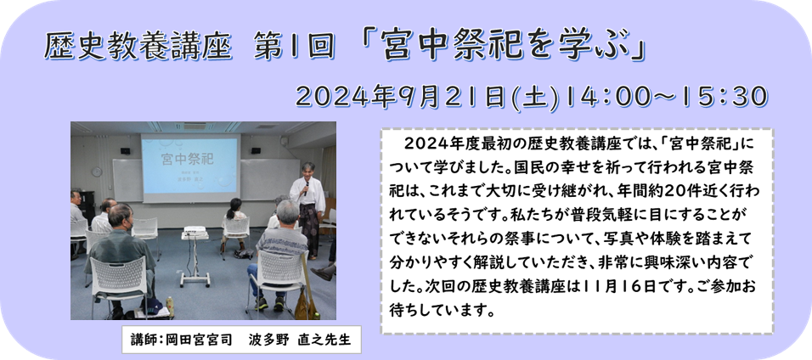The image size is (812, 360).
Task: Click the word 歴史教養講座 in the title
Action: [x=138, y=48]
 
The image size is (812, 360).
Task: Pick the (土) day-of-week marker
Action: [x=536, y=98]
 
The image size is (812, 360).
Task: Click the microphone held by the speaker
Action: [x=307, y=188]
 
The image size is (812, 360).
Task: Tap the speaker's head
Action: [x=309, y=170]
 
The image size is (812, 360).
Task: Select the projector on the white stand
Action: [x=195, y=230]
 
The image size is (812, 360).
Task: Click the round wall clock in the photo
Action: [x=97, y=172]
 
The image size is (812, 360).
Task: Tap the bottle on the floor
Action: [x=169, y=306]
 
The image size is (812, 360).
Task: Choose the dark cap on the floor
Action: [x=152, y=306]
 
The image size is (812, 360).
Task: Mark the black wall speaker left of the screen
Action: [x=126, y=150]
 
